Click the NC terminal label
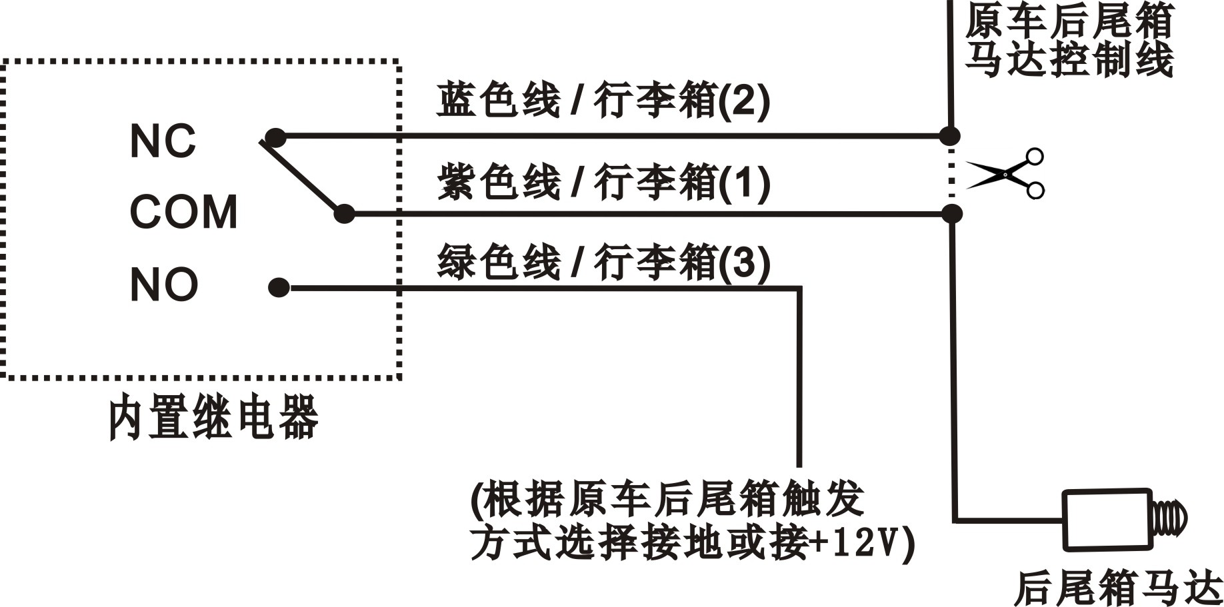coord(163,141)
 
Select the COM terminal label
coord(183,212)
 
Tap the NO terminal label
coord(164,285)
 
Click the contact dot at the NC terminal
coord(275,137)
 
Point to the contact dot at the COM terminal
coord(344,214)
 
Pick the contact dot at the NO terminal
coord(279,288)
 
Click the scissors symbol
coord(1007,174)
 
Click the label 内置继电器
coord(213,418)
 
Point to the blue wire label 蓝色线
coord(498,101)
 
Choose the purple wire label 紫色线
coord(498,182)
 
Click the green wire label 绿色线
coord(498,262)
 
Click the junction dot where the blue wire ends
coord(950,136)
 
